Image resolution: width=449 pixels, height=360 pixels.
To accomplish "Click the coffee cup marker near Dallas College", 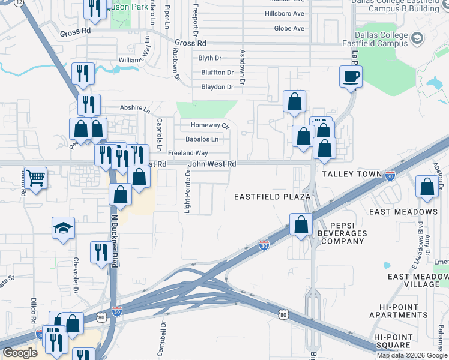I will [x=351, y=76].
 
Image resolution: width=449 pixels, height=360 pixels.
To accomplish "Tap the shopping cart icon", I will [x=36, y=178].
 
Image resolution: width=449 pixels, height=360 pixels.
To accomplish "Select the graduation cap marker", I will [x=63, y=228].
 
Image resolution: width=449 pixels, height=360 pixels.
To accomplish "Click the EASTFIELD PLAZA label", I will [x=272, y=197].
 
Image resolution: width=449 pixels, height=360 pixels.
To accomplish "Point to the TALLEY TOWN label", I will [x=352, y=174].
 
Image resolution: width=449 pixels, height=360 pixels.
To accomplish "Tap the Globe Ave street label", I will [x=289, y=28].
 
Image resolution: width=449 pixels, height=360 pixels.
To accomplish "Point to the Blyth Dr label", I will [x=209, y=58].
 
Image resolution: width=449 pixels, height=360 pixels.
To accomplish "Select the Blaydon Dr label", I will [x=217, y=87].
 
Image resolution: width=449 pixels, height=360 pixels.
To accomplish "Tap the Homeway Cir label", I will [x=210, y=125].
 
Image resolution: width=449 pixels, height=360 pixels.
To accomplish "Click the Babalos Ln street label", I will [x=202, y=139].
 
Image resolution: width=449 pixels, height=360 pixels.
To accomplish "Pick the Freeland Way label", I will [x=188, y=153].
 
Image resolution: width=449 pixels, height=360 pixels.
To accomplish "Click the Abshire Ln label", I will [x=135, y=110].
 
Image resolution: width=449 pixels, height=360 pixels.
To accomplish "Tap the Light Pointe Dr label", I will [x=188, y=191].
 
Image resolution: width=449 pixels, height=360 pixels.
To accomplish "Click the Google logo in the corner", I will [x=20, y=353].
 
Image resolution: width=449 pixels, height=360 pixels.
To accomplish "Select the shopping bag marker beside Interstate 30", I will [x=301, y=224].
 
